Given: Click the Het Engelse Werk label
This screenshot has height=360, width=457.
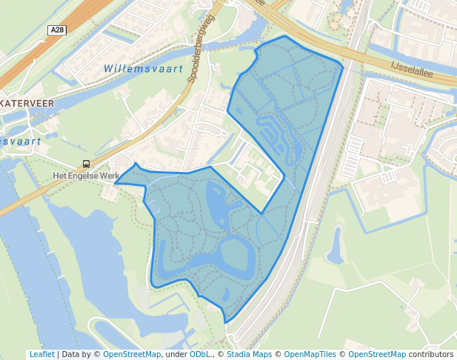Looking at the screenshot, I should point(86,176).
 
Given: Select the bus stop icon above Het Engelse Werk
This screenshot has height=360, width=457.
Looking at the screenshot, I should point(87,164).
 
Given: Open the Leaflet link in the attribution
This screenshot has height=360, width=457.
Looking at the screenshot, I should point(41,354).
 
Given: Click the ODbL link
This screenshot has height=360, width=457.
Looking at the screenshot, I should point(201,354).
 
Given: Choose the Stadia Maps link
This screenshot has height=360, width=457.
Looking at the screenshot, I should point(249,354).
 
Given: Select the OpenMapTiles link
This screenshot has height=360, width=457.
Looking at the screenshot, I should point(310,354).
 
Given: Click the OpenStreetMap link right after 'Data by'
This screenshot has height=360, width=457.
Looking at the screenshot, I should point(132,354).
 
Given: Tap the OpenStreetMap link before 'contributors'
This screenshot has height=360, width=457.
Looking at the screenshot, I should point(377,354).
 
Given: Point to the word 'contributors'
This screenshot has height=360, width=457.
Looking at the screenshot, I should point(431,354).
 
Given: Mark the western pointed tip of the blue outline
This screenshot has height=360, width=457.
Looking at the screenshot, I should point(115,184).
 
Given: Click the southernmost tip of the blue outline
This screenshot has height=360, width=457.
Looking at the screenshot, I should point(227,322).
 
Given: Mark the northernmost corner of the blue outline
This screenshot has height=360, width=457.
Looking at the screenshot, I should point(284,36).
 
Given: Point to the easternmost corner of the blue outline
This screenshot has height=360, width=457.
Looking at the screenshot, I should point(343,67).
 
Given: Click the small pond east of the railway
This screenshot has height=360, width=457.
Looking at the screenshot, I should point(335,247).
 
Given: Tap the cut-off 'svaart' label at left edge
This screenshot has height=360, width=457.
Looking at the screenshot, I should point(20,140).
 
